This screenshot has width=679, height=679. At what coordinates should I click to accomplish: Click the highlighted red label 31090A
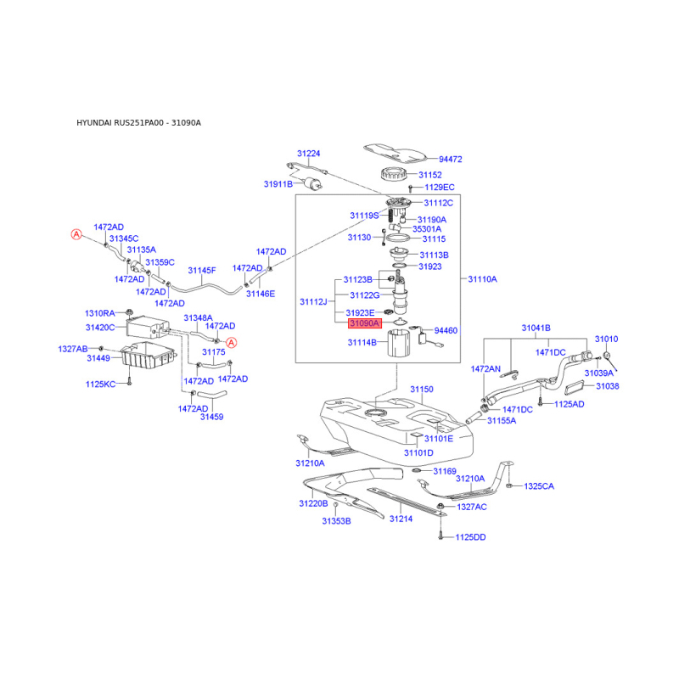pyautogui.click(x=365, y=323)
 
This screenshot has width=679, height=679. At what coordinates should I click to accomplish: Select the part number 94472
pyautogui.click(x=451, y=160)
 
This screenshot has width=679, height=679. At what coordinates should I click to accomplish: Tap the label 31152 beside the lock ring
pyautogui.click(x=430, y=175)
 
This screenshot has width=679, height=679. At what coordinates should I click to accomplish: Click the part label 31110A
pyautogui.click(x=482, y=279)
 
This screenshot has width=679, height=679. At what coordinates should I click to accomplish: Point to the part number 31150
pyautogui.click(x=422, y=390)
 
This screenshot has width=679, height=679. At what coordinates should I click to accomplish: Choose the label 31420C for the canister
pyautogui.click(x=100, y=328)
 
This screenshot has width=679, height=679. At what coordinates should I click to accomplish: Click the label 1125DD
pyautogui.click(x=470, y=537)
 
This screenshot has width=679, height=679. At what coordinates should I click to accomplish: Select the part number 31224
pyautogui.click(x=308, y=154)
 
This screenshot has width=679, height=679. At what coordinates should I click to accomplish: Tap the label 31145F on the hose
pyautogui.click(x=202, y=271)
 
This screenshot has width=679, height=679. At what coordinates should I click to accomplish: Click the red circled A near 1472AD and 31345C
pyautogui.click(x=76, y=235)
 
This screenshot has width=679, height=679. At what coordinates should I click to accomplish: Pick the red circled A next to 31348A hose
pyautogui.click(x=232, y=343)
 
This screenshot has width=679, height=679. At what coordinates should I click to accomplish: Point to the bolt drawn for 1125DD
pyautogui.click(x=441, y=536)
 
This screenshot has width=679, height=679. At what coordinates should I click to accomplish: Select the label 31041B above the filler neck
pyautogui.click(x=536, y=328)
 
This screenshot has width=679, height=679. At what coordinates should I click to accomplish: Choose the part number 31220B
pyautogui.click(x=313, y=503)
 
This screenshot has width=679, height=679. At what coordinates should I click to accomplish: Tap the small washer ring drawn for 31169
pyautogui.click(x=417, y=471)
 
